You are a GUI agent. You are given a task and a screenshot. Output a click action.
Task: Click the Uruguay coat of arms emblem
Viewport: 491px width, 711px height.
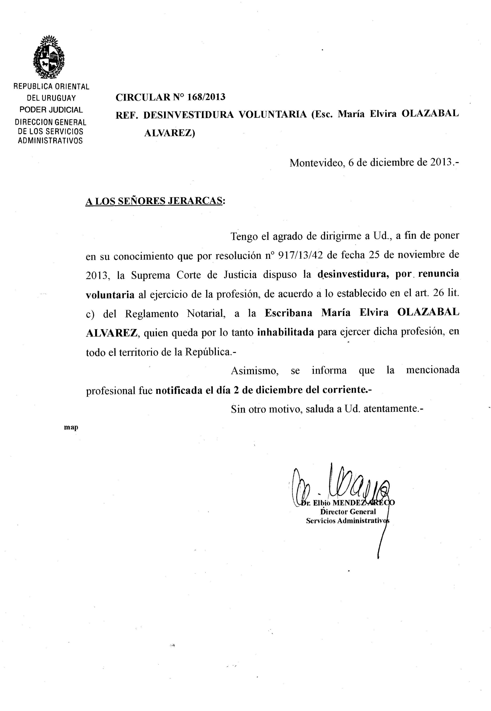pos(49,57)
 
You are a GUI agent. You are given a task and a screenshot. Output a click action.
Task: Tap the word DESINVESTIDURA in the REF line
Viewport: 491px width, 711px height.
pos(188,114)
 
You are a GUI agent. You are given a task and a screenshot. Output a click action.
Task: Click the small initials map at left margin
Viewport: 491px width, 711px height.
pos(71,427)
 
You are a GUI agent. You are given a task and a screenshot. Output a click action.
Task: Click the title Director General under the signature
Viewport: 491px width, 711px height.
pos(348,512)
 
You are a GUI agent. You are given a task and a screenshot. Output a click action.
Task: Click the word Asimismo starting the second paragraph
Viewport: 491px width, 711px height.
pos(255,371)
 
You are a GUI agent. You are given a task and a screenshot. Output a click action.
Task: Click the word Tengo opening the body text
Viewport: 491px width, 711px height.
pos(243,236)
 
